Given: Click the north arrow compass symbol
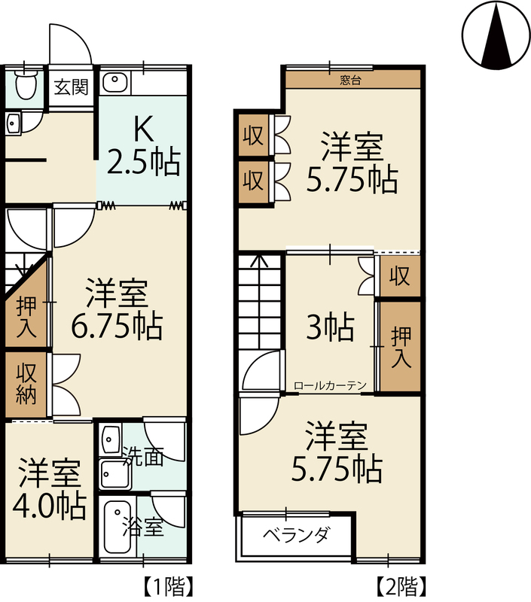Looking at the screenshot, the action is pos(496,35).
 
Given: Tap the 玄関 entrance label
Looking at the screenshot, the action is pos(71,87).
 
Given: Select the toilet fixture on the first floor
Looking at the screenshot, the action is pos(26,84).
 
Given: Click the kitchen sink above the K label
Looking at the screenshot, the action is pos(114,82).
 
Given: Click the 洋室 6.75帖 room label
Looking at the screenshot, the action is pos(117,309).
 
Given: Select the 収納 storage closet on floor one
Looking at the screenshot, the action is pos(26,385).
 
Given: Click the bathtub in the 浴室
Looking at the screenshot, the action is pos(117,527).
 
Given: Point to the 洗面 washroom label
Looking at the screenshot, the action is pos(144,457).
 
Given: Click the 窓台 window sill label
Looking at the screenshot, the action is pos(351,81).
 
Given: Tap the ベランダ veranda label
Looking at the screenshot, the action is pos(296,534).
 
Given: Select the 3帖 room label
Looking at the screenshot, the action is pos(330,327).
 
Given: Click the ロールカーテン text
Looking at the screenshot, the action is pos(330,385).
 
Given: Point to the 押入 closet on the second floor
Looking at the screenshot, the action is pos(401,347).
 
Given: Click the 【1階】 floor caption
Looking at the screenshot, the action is pos(167,585).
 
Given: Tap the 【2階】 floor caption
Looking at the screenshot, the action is pos(400,585).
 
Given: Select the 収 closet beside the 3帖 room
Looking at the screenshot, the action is pos(400,276).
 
